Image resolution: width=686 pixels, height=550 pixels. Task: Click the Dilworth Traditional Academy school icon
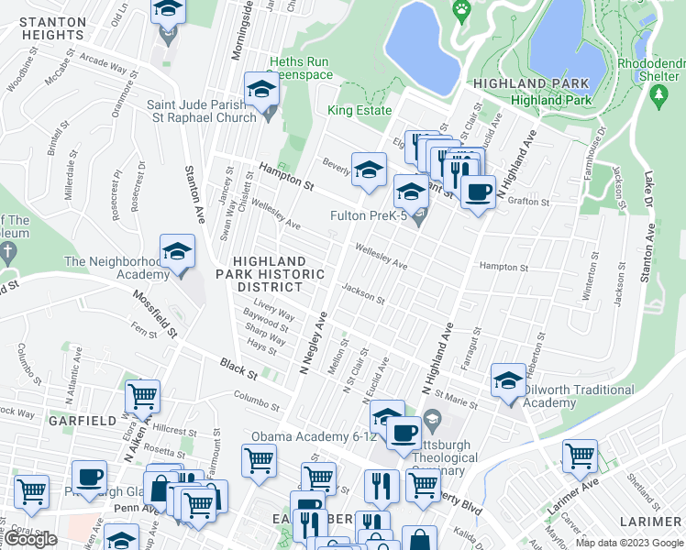pyautogui.click(x=509, y=380)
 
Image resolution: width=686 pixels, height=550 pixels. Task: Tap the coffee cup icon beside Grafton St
pyautogui.click(x=478, y=192)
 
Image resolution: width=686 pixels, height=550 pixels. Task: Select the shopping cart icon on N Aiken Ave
pyautogui.click(x=143, y=396)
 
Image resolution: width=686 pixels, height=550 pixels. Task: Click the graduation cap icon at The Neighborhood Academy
pyautogui.click(x=178, y=251)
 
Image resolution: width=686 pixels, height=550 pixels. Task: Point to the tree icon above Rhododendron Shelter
pyautogui.click(x=658, y=95)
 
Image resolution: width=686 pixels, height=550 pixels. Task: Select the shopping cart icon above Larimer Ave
pyautogui.click(x=580, y=456)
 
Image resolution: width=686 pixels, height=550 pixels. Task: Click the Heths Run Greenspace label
pyautogui.click(x=300, y=68)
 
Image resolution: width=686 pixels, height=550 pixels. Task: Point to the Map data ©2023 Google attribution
pyautogui.click(x=628, y=543)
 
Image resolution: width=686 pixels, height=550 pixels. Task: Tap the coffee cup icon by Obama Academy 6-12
pyautogui.click(x=403, y=433)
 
